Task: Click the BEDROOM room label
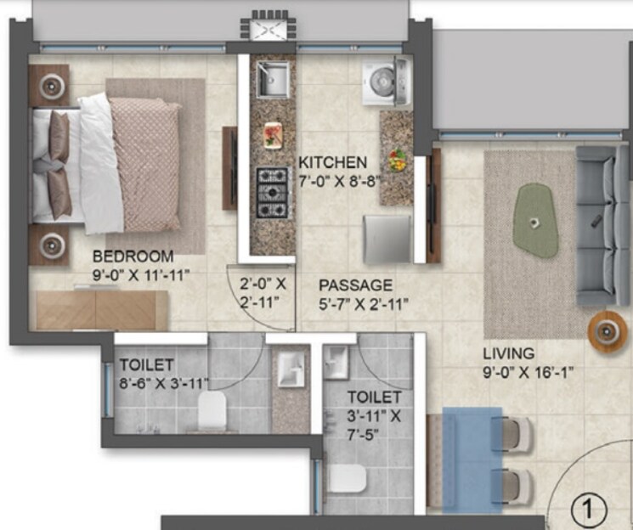click(133, 256)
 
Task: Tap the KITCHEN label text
click(332, 162)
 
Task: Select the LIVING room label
click(509, 352)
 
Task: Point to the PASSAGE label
click(356, 285)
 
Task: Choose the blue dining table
click(473, 459)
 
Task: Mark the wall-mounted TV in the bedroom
click(229, 167)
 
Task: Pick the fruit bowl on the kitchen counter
click(397, 159)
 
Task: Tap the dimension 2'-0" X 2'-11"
click(263, 292)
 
